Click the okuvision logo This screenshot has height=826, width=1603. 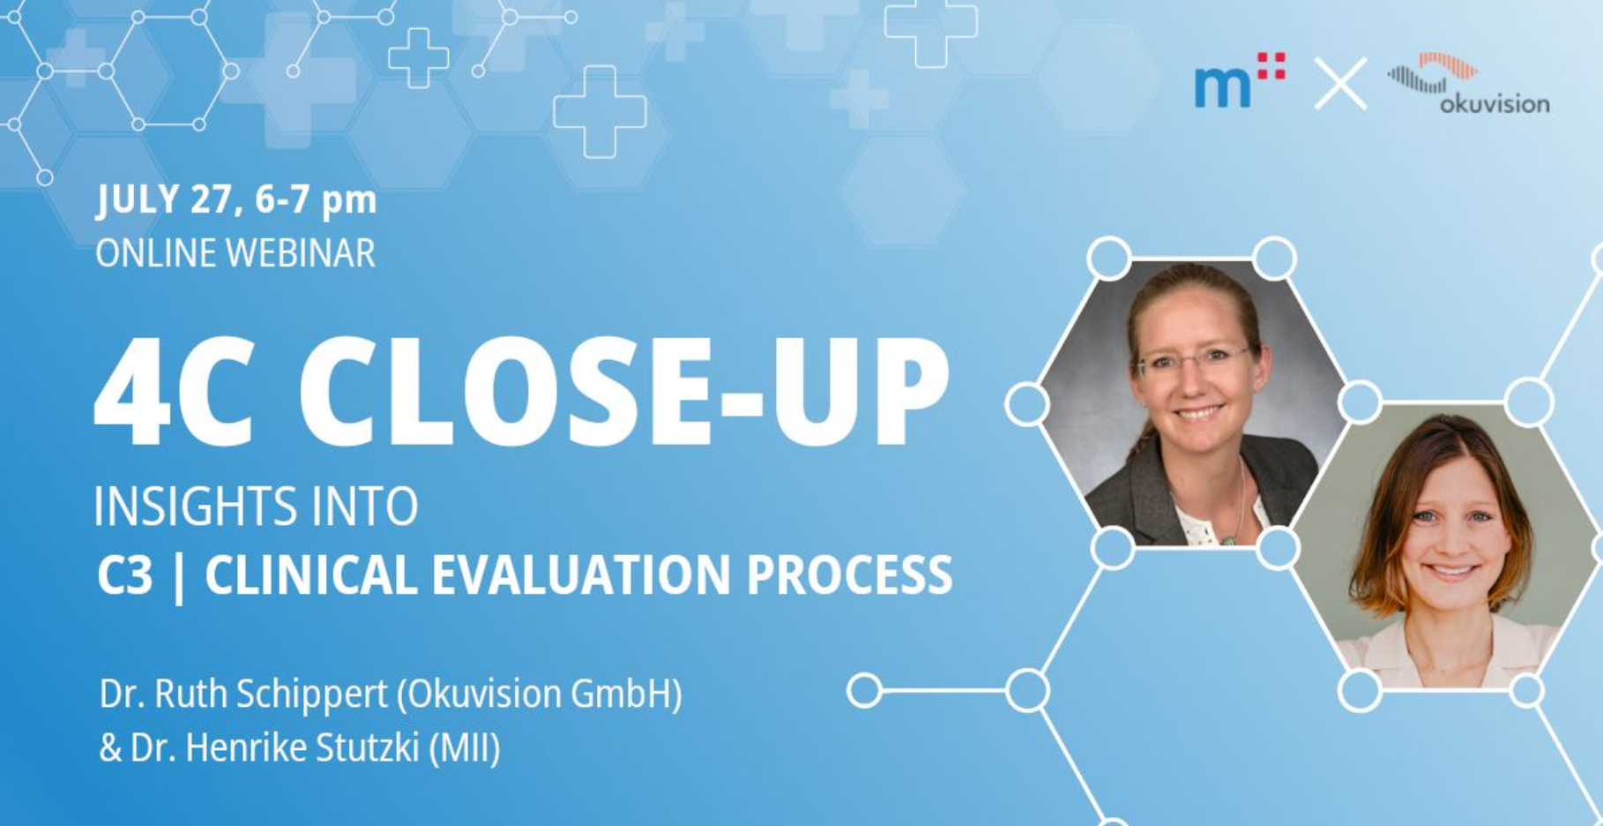point(1468,84)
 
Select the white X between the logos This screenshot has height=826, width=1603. point(1340,84)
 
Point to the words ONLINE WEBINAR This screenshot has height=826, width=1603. point(235,253)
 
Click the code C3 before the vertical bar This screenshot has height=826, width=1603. point(125,575)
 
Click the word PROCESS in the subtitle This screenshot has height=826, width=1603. point(849,575)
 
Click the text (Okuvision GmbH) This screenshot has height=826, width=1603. point(540,695)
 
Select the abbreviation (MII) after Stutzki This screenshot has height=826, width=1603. point(465,749)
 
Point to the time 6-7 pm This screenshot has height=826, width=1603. point(316,200)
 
